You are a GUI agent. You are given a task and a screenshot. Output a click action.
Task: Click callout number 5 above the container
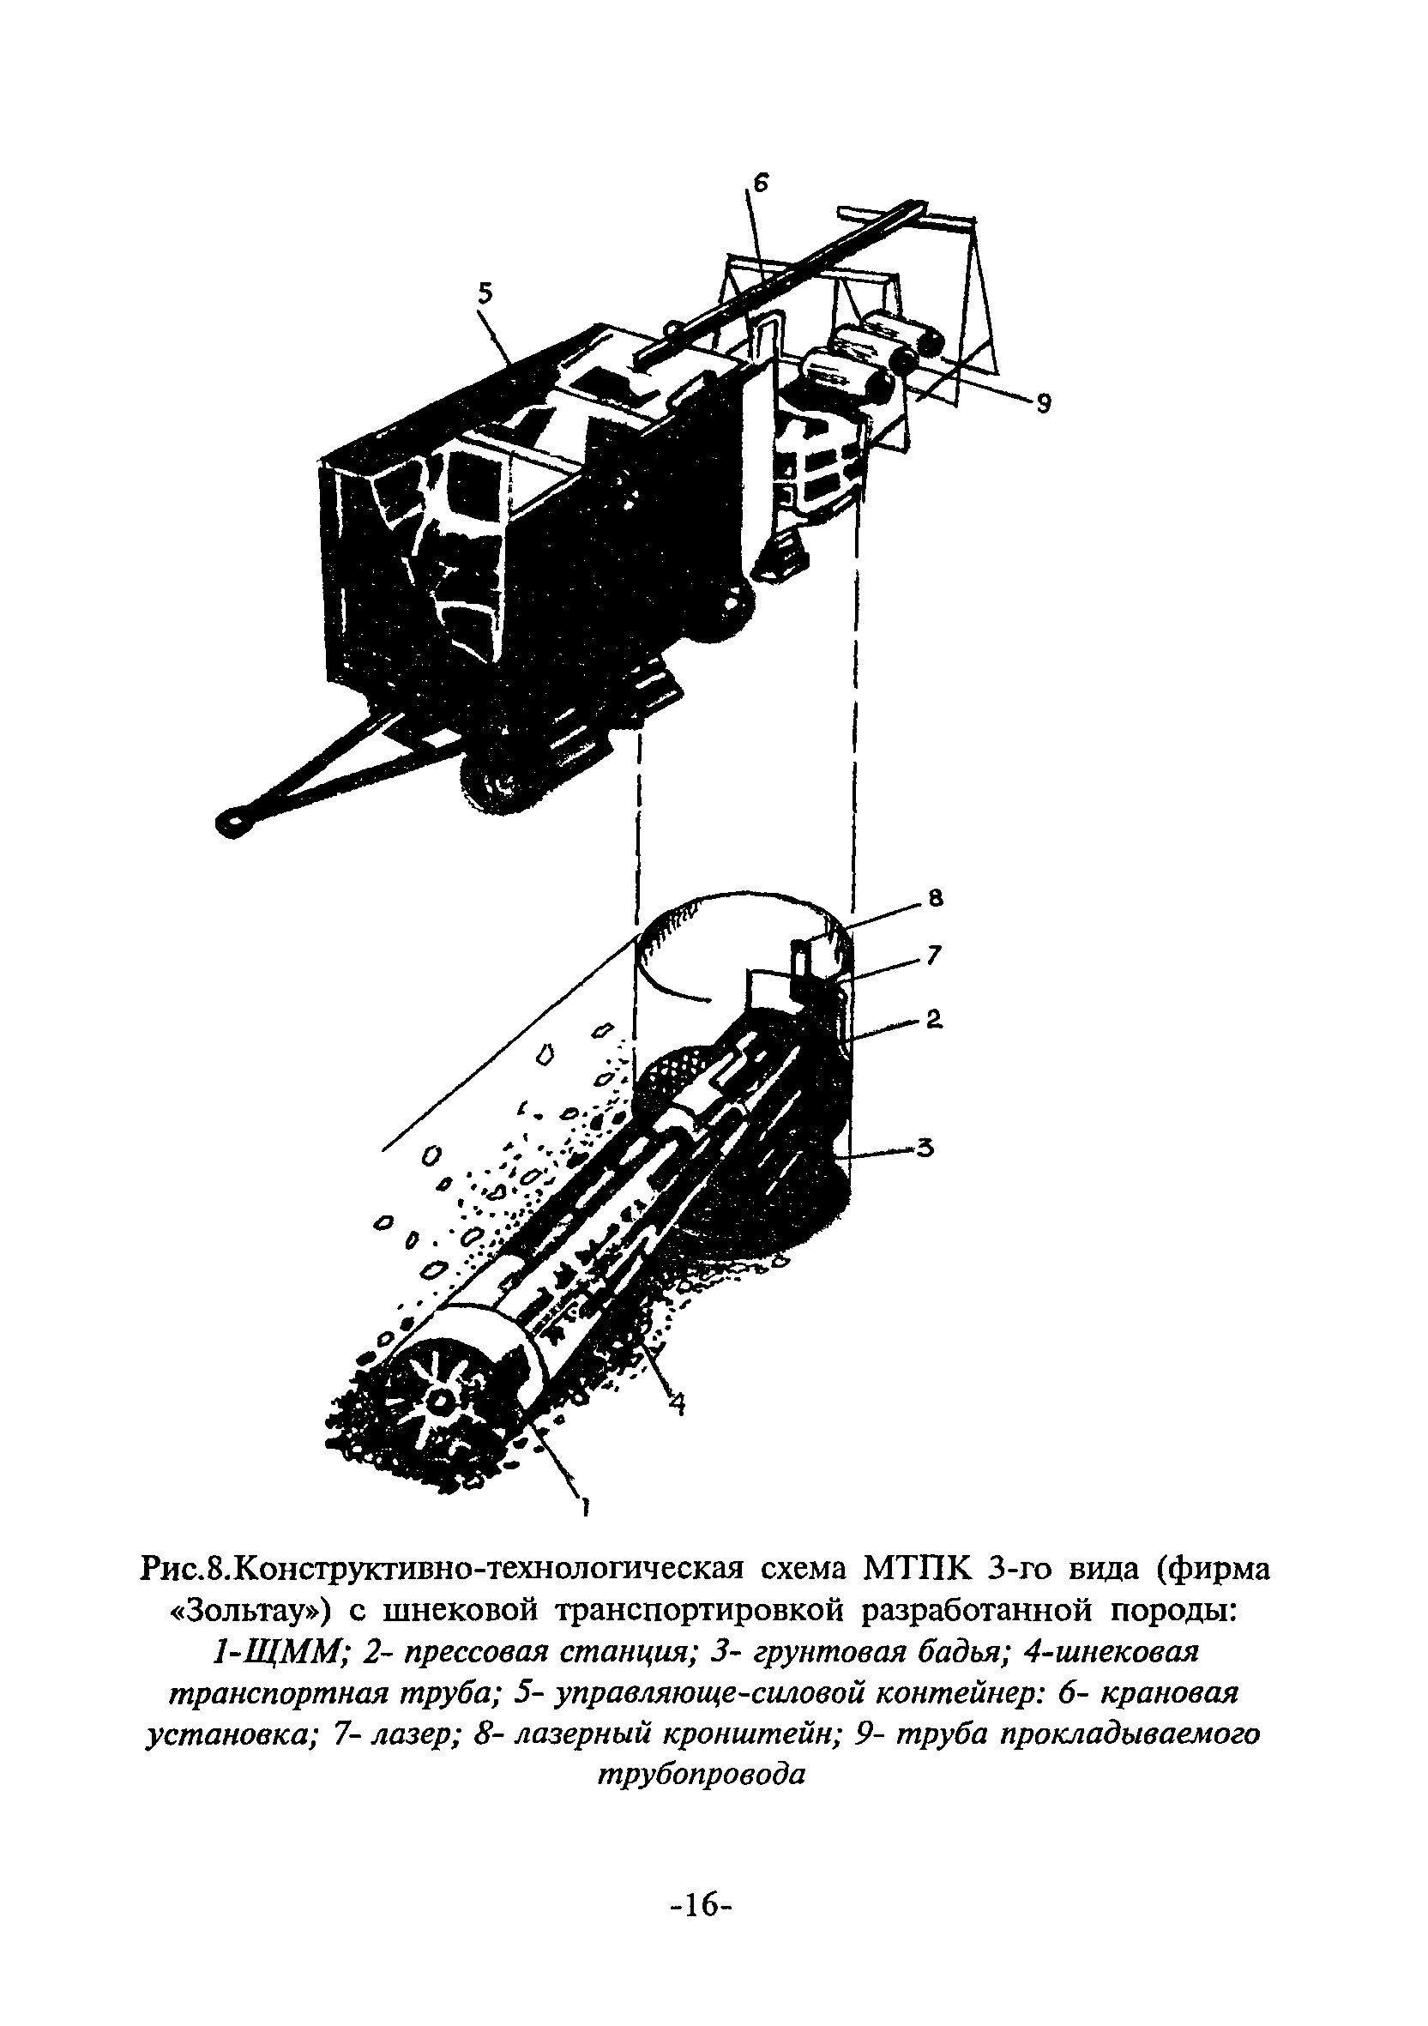pyautogui.click(x=485, y=295)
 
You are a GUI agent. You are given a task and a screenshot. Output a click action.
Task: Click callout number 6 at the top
pyautogui.click(x=761, y=184)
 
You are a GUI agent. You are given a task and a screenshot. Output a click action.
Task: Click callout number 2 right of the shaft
pyautogui.click(x=934, y=1020)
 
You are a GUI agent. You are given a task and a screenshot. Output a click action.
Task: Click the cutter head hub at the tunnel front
pyautogui.click(x=438, y=1401)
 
